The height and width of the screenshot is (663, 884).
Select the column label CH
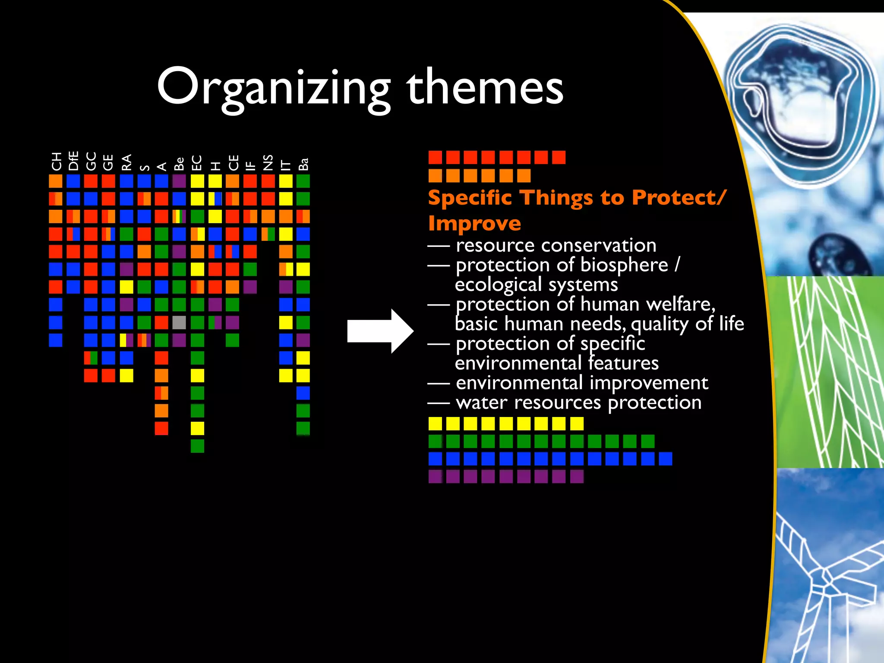(x=56, y=161)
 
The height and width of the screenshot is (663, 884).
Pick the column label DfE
(x=73, y=161)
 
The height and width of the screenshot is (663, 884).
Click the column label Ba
(x=303, y=164)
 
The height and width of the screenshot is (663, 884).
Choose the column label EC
(x=197, y=163)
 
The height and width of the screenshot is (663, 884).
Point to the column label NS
(x=268, y=162)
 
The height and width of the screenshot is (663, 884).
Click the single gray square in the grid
(x=179, y=322)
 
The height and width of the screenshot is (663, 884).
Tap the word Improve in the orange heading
(x=474, y=224)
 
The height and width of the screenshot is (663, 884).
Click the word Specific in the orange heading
(x=470, y=198)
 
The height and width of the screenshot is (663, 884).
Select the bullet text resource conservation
(x=556, y=245)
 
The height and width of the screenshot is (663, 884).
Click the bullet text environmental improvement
(x=581, y=383)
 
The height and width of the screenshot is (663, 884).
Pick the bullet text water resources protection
(x=578, y=403)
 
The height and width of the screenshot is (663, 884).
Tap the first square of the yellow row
(x=435, y=423)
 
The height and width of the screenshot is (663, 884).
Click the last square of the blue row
(x=665, y=458)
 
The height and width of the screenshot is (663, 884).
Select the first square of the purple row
(x=435, y=476)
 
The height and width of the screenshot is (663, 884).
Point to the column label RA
(x=126, y=162)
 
